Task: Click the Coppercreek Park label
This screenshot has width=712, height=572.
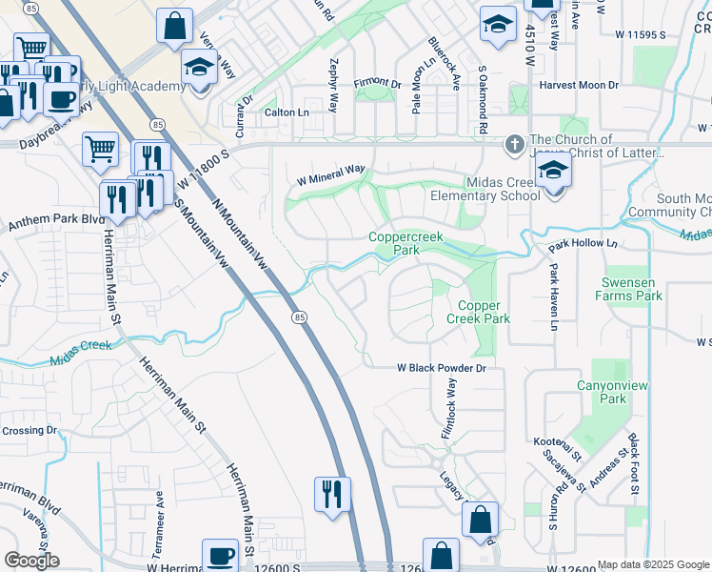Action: tap(408, 244)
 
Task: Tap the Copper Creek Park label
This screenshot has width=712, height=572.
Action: tap(485, 313)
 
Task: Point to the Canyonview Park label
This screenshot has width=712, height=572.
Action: tap(600, 392)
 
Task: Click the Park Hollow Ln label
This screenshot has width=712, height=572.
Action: tap(583, 244)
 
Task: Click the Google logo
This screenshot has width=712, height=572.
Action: tap(31, 561)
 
